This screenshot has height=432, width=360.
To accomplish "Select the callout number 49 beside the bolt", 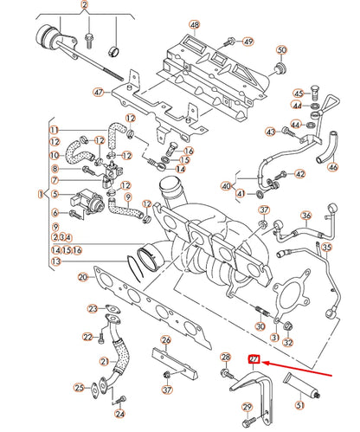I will pyautogui.click(x=248, y=41).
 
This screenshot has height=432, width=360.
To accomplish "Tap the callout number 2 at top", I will pyautogui.click(x=84, y=6).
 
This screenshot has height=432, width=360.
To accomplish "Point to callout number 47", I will pyautogui.click(x=99, y=92).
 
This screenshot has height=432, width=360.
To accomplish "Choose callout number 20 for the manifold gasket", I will pyautogui.click(x=82, y=277).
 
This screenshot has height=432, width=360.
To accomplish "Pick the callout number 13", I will pyautogui.click(x=55, y=261).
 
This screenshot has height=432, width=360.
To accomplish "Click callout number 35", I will pyautogui.click(x=326, y=247).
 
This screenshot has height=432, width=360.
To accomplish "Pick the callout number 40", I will pyautogui.click(x=226, y=186).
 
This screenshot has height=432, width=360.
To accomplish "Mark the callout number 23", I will pyautogui.click(x=93, y=308).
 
